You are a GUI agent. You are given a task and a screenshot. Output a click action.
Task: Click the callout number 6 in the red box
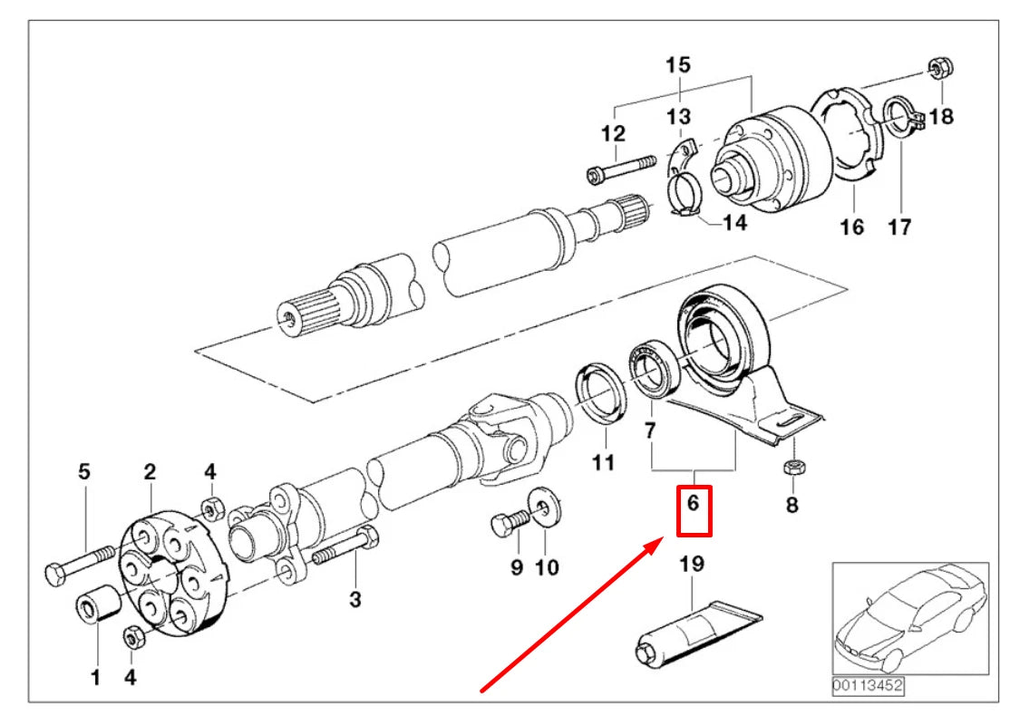click(x=693, y=502)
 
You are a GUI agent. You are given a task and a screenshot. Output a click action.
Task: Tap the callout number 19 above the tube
click(x=692, y=565)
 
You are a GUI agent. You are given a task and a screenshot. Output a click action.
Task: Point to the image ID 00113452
click(x=869, y=687)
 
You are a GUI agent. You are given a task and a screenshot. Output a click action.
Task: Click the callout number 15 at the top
click(x=677, y=64)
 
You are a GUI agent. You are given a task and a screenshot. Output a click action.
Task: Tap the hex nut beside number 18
click(x=938, y=68)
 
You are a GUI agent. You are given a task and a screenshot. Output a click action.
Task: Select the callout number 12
click(x=614, y=132)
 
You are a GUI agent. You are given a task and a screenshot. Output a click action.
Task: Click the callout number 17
click(x=898, y=227)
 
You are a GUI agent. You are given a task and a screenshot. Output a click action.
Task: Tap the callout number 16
click(x=851, y=227)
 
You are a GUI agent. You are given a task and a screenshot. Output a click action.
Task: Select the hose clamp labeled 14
click(x=685, y=196)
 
